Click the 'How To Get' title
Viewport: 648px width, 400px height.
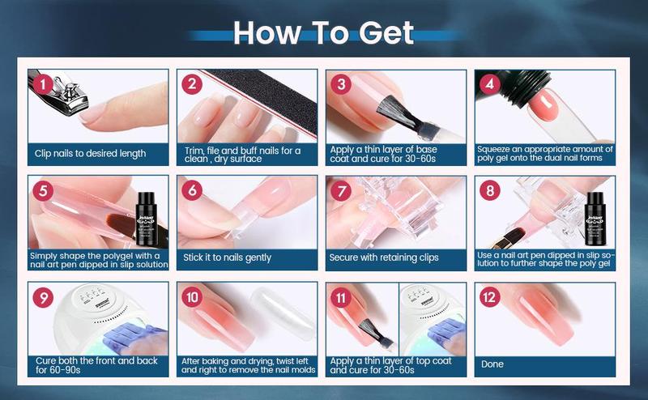(324, 32)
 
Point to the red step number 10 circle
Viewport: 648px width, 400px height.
(194, 297)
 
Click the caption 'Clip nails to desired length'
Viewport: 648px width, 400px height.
(90, 153)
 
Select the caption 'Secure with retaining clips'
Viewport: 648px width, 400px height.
(384, 258)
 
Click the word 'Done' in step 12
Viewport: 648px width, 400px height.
(492, 364)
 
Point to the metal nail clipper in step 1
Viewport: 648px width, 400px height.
(61, 97)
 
